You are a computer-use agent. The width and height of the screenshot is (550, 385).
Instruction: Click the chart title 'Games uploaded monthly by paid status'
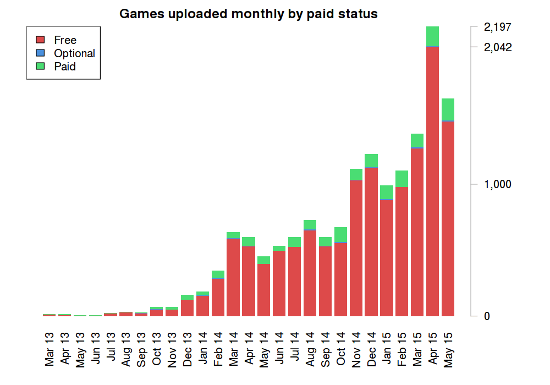[249, 14]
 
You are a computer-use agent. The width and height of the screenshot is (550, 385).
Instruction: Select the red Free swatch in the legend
[40, 40]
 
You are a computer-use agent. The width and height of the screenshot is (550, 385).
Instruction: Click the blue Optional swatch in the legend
[40, 53]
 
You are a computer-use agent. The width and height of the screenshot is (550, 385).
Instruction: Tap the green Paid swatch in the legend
[40, 66]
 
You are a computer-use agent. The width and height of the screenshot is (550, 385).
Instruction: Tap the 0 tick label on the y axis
[487, 316]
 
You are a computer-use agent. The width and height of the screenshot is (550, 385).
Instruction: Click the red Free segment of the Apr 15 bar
[432, 182]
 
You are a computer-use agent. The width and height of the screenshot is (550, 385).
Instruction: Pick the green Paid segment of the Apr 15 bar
[432, 36]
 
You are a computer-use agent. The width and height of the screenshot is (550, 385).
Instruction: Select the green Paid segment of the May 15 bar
[448, 109]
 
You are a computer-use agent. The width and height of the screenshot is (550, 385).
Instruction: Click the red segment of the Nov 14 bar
[356, 248]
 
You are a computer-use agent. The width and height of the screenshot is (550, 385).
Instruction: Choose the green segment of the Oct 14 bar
[340, 234]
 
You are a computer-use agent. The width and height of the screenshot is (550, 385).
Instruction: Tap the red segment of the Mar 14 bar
[233, 277]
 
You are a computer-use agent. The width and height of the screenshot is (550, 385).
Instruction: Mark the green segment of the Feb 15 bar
[402, 179]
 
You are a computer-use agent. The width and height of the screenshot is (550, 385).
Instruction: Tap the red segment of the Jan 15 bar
[387, 258]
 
